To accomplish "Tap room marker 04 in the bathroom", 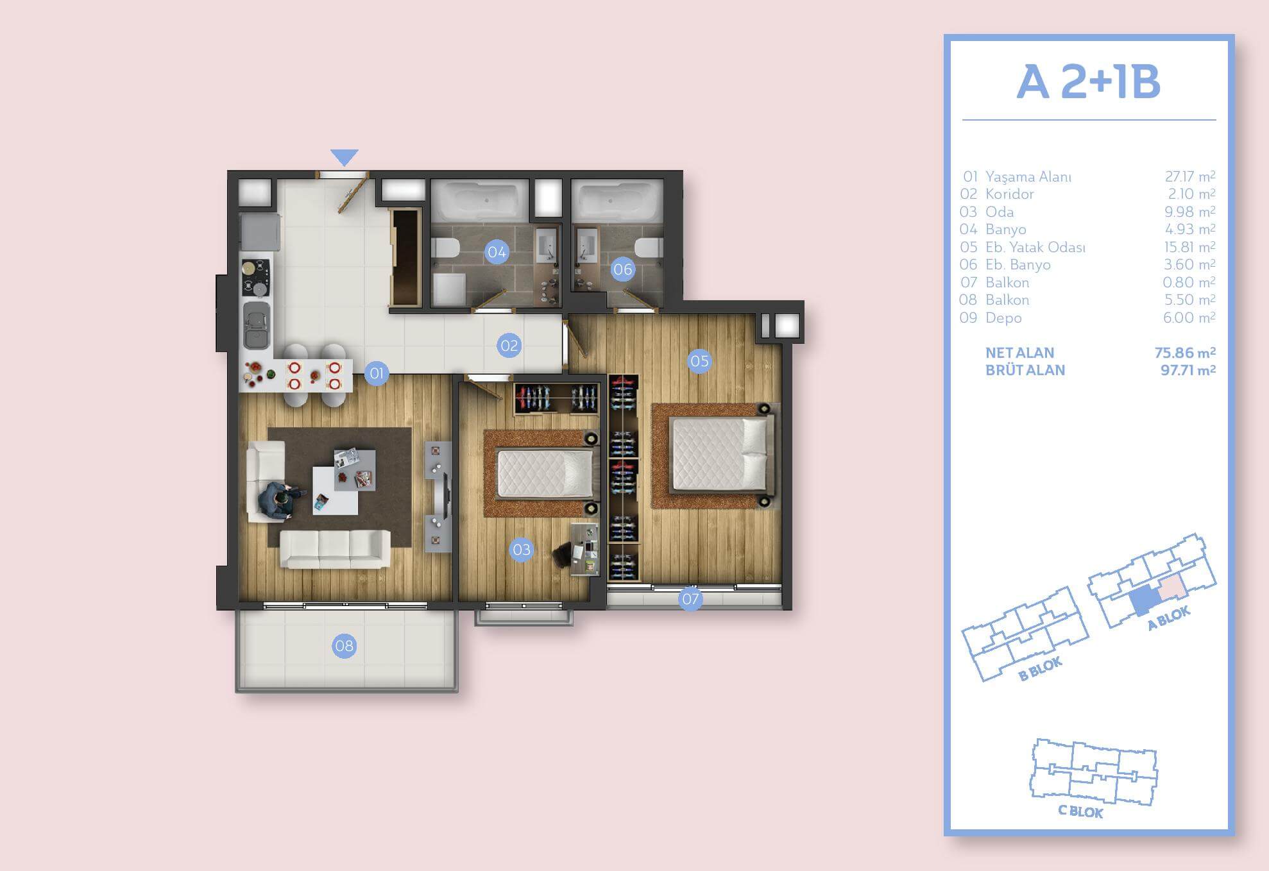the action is click(x=497, y=252).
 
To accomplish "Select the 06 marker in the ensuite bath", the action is click(x=622, y=269).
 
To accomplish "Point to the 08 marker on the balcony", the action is click(x=345, y=646).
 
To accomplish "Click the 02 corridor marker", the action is click(x=509, y=346).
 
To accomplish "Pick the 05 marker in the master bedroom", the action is click(x=699, y=361).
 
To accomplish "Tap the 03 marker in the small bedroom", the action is click(x=522, y=550).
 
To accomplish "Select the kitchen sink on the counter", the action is click(x=255, y=325).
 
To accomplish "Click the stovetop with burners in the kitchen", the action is click(x=255, y=277).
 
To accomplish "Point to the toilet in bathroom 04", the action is click(x=443, y=247).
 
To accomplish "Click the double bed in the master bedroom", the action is click(x=719, y=453).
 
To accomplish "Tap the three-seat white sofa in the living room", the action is click(x=336, y=549).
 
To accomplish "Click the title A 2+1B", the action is click(x=1089, y=82).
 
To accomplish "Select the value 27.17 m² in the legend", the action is click(x=1190, y=176).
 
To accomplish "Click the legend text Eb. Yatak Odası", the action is click(x=1035, y=247).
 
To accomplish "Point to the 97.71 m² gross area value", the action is click(x=1188, y=370).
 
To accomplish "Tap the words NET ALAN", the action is click(x=1020, y=353).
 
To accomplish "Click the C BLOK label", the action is click(x=1080, y=812).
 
